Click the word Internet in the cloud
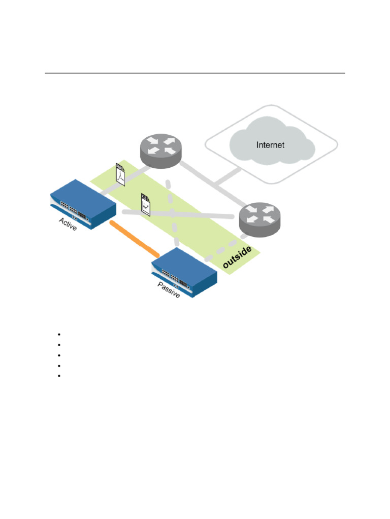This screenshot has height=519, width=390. pyautogui.click(x=270, y=145)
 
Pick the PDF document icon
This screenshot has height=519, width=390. pyautogui.click(x=120, y=174)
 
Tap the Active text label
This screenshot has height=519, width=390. pyautogui.click(x=68, y=224)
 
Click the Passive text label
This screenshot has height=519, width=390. pyautogui.click(x=169, y=290)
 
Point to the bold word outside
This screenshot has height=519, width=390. pyautogui.click(x=237, y=257)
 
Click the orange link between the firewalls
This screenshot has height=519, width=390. pyautogui.click(x=135, y=238)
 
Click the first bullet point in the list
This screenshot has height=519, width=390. pyautogui.click(x=59, y=335)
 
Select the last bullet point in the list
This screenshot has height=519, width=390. pyautogui.click(x=59, y=376)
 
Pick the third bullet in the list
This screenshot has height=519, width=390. pyautogui.click(x=59, y=355)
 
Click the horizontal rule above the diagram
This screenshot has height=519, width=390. pyautogui.click(x=194, y=73)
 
